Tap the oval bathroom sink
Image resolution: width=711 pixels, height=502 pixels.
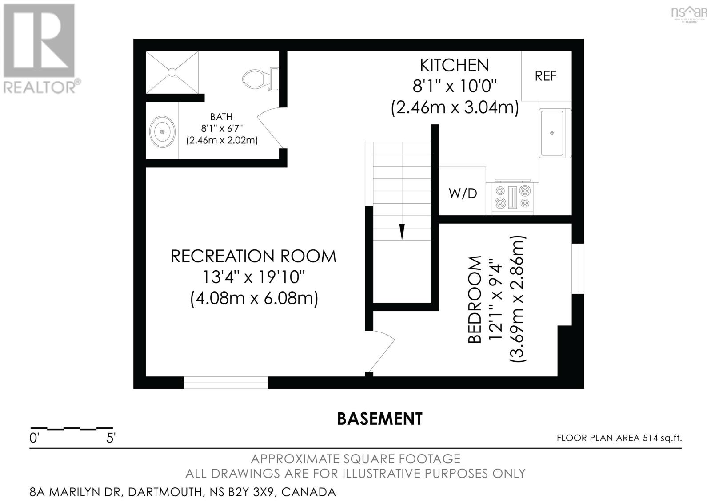(x=162, y=132)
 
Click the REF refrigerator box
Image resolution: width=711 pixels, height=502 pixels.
(x=546, y=76)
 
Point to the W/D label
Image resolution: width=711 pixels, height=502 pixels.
(x=463, y=194)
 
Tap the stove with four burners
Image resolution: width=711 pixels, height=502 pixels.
(x=512, y=197)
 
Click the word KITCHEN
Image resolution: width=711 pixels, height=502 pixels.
(x=454, y=65)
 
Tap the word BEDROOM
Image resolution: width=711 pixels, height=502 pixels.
(x=475, y=299)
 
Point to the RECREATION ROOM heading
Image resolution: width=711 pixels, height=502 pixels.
(x=253, y=257)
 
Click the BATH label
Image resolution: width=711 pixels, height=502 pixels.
(x=221, y=117)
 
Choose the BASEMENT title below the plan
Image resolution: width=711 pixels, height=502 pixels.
(x=379, y=419)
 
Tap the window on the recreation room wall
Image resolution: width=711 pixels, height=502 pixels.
(x=226, y=382)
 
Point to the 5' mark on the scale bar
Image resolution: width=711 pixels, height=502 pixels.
(x=111, y=439)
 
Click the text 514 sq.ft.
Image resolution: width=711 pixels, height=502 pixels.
(x=662, y=438)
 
